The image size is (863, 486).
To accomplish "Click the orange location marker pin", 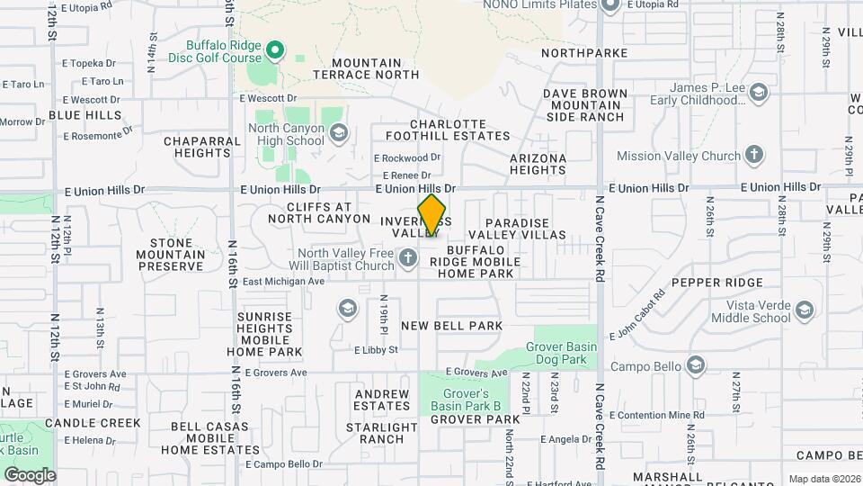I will pos(431,215).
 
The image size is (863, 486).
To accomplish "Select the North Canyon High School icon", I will pos(338,135).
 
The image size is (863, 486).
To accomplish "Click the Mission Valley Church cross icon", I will pos(754,155).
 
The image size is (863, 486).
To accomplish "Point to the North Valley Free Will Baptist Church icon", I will pos(407,260).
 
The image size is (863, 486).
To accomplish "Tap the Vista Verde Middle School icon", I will pos(804,311).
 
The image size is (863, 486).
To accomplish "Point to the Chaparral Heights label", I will pos(197,147).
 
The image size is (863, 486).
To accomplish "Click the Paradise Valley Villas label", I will pos(525,229).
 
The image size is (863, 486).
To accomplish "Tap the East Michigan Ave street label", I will pos(282,281).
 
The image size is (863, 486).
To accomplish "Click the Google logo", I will pos(30,475).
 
